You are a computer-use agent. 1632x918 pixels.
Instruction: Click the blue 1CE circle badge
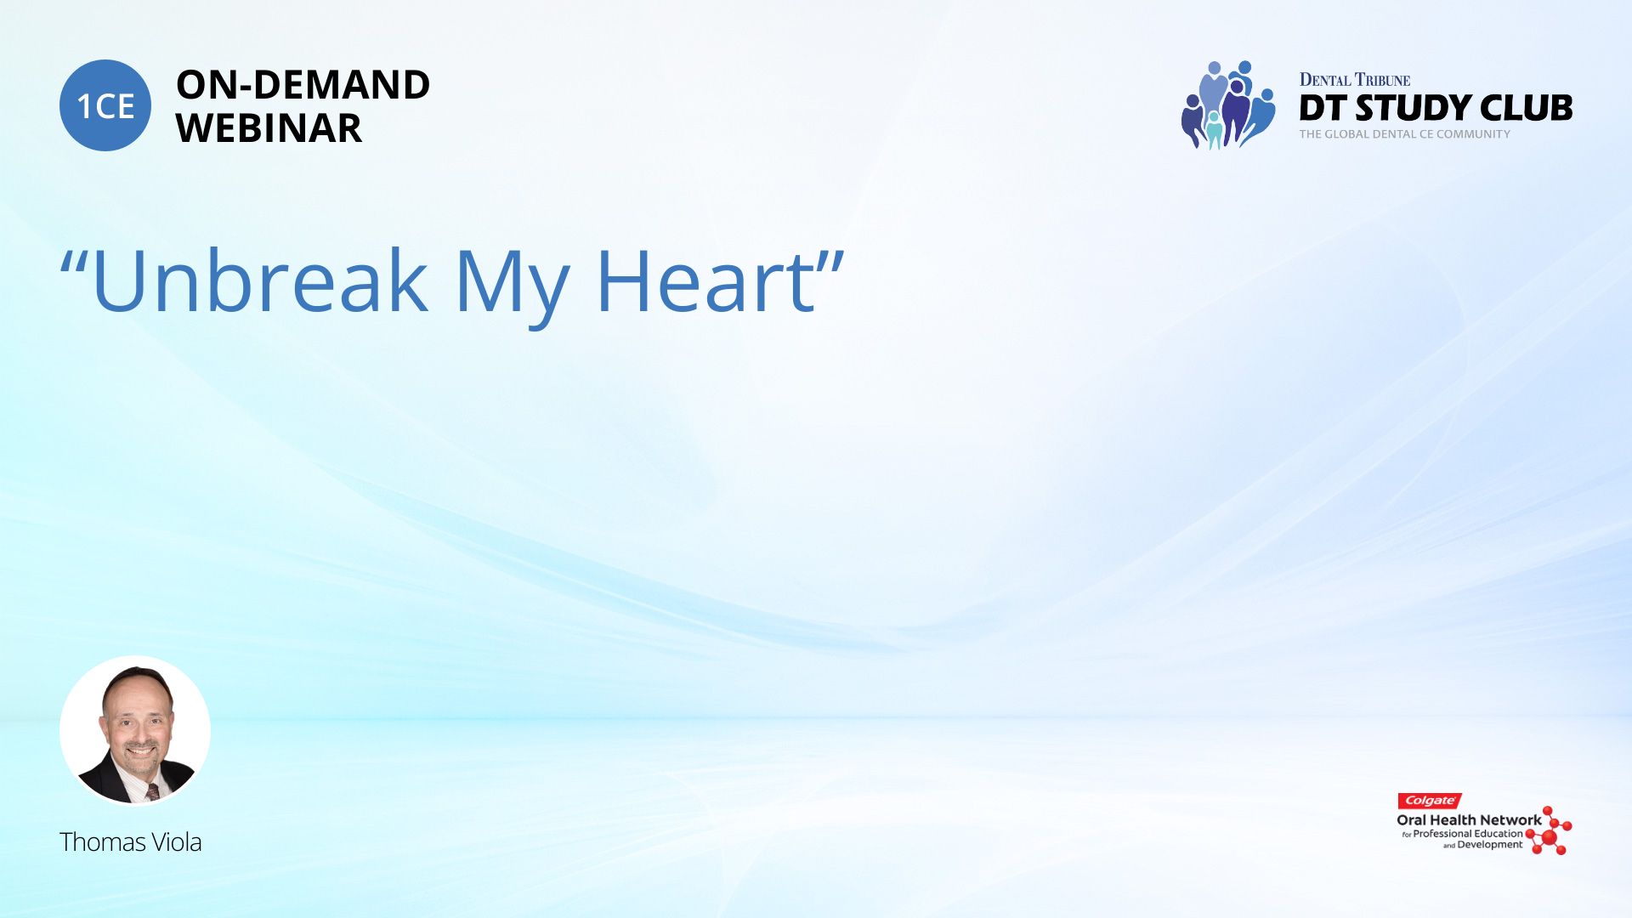[105, 105]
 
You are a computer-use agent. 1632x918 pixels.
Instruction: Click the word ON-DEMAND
[303, 85]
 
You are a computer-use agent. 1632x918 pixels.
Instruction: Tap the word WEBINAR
[269, 128]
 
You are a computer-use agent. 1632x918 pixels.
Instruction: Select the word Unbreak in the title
[259, 281]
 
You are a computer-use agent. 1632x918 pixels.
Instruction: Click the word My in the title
[512, 285]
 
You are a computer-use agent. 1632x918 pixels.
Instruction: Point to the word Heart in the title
[705, 281]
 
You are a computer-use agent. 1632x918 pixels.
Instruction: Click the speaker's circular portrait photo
[135, 731]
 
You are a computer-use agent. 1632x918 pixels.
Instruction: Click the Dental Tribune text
[1355, 80]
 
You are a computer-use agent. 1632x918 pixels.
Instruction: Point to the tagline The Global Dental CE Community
[1405, 134]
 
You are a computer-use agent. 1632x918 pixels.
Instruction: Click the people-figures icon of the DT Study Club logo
[1228, 105]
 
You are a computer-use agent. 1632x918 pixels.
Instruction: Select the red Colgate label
[1430, 801]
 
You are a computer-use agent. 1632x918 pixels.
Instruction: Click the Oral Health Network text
[1469, 820]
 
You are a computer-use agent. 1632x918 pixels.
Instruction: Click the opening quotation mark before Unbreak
[73, 262]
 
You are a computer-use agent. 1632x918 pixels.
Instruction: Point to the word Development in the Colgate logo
[1490, 845]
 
